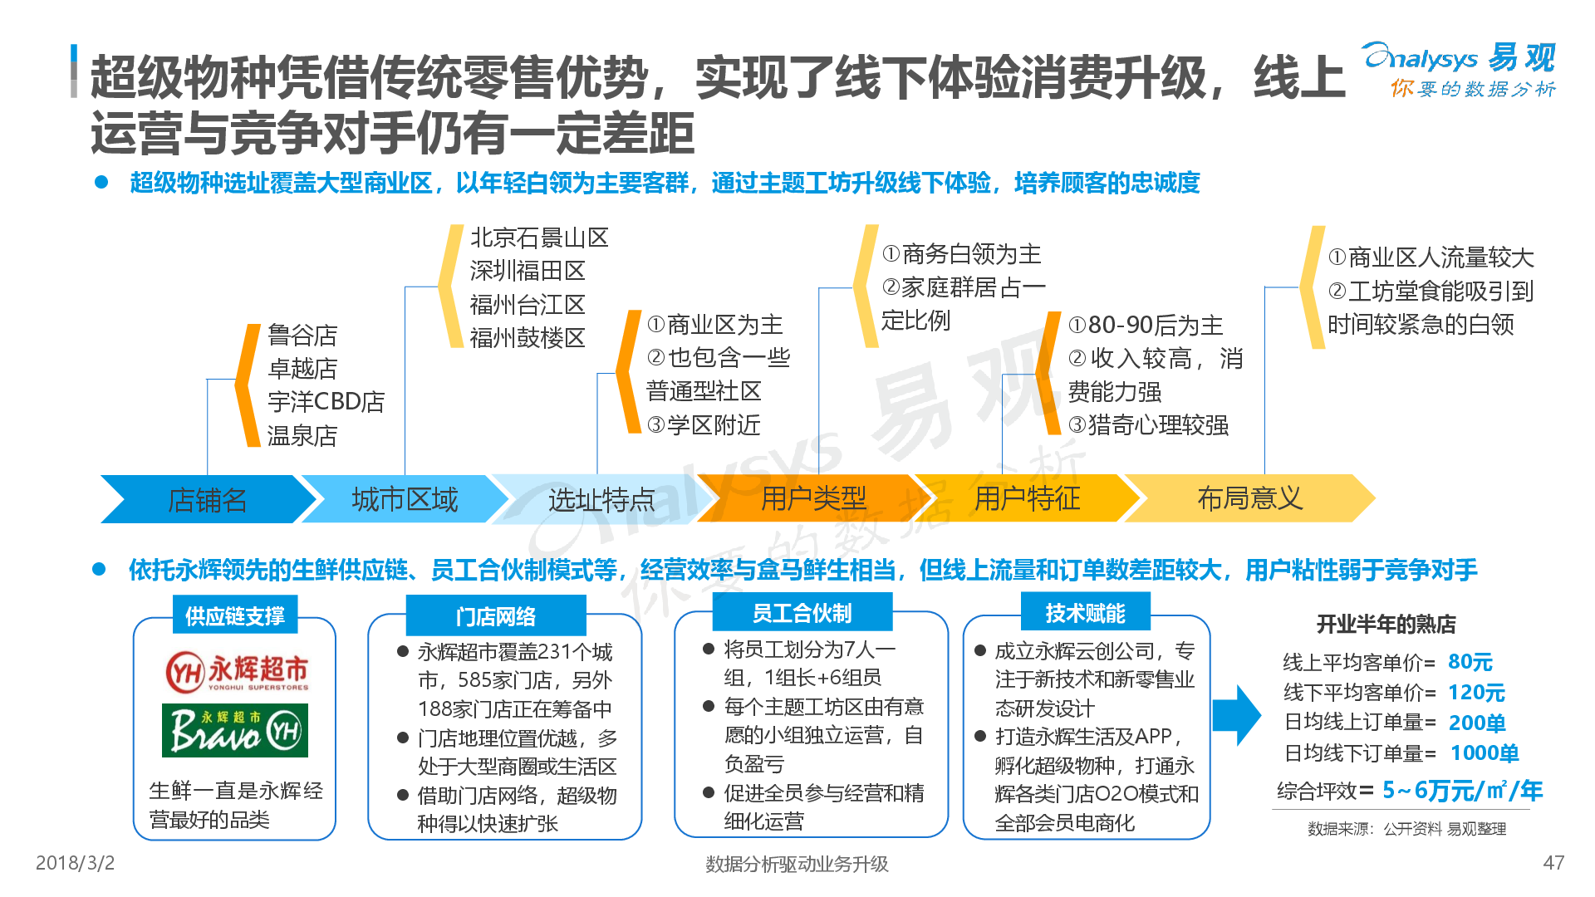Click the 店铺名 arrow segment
[x=208, y=499]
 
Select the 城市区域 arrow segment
[x=405, y=499]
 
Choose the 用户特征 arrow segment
[x=1028, y=498]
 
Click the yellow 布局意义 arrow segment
[x=1249, y=498]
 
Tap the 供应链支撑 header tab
[x=235, y=615]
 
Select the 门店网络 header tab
[x=496, y=616]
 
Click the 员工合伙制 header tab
[x=802, y=613]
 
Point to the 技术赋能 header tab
[x=1085, y=613]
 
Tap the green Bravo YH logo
[x=235, y=730]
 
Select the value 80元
[x=1470, y=662]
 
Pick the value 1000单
[x=1485, y=753]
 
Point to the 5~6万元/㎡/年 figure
[x=1462, y=791]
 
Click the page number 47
[x=1553, y=863]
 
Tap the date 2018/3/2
[x=75, y=863]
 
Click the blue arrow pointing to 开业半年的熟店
[x=1237, y=715]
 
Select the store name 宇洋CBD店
[x=326, y=402]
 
